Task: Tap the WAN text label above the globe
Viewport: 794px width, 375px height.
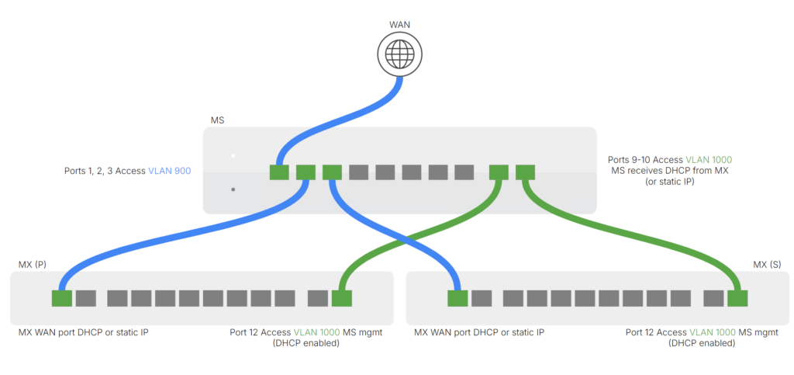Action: point(399,25)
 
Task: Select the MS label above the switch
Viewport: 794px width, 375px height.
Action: point(218,120)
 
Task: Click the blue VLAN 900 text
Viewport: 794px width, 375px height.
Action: point(170,171)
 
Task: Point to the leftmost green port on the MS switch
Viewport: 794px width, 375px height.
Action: point(279,172)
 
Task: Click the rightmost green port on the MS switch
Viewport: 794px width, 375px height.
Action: point(525,172)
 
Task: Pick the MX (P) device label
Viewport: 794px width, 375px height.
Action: point(33,264)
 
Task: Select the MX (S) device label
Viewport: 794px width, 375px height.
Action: point(767,264)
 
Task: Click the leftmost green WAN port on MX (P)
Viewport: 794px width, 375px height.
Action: point(61,297)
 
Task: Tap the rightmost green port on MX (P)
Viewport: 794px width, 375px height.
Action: point(342,297)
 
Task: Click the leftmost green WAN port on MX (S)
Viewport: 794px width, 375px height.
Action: point(457,297)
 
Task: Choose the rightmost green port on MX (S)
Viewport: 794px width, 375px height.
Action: point(737,297)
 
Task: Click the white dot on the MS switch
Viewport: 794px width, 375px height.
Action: point(233,156)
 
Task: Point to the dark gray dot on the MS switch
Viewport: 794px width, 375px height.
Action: point(233,189)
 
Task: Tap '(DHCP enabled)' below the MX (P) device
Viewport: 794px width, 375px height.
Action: point(306,343)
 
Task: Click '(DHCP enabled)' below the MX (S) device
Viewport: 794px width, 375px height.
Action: point(702,343)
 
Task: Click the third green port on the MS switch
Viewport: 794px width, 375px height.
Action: point(332,172)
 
